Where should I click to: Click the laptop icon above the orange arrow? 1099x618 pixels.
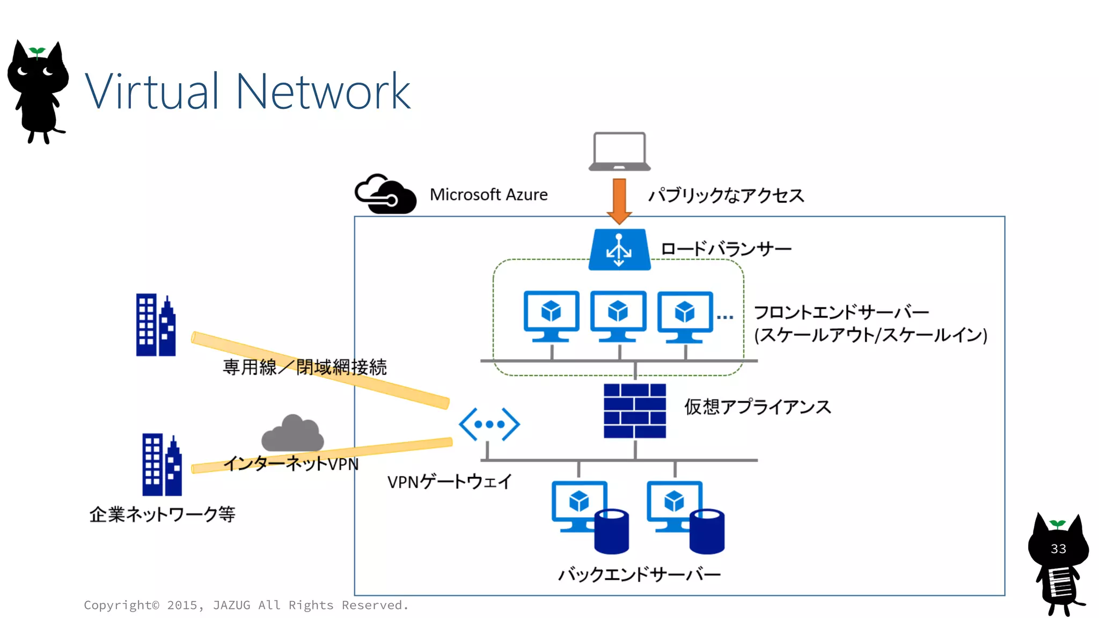point(619,151)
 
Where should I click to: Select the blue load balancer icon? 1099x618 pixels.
point(619,249)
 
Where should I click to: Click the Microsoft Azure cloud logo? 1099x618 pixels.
point(385,195)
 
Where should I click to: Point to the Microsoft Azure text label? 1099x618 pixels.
point(488,195)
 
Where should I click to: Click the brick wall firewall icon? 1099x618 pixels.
point(635,410)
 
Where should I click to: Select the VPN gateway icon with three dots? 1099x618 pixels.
point(489,424)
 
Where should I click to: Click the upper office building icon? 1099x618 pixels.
point(156,325)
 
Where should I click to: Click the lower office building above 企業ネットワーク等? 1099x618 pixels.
point(162,465)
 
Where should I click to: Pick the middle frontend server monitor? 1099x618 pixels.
point(618,315)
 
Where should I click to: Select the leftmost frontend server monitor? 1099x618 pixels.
point(551,315)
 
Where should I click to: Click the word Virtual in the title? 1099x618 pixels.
point(152,92)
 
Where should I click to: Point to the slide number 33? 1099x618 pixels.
point(1058,549)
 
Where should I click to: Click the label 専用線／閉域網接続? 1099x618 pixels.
point(304,367)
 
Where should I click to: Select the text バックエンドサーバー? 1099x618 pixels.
point(639,575)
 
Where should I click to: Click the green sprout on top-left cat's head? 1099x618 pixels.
point(37,52)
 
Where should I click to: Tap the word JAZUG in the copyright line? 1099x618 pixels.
point(231,605)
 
